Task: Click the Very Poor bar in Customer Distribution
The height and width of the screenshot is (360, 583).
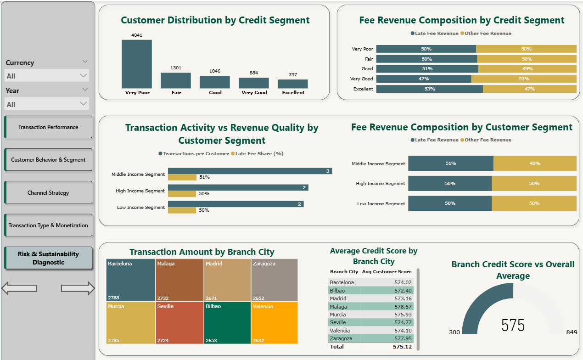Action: coord(136,64)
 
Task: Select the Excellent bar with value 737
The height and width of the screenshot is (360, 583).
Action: coord(292,84)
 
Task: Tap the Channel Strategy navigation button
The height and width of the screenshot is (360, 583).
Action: coord(48,192)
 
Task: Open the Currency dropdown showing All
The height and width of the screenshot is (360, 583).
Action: coord(46,76)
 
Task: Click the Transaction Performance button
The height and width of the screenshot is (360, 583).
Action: coord(48,127)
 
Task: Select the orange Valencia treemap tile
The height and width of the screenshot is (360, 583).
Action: coord(274,322)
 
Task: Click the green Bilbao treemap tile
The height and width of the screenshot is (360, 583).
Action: coord(227,322)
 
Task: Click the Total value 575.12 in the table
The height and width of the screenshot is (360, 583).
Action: coord(402,347)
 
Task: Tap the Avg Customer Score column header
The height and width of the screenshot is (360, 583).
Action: coord(387,272)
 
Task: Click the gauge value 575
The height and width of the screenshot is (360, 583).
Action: coord(513,325)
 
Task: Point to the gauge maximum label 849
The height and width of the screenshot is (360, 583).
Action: coord(572,332)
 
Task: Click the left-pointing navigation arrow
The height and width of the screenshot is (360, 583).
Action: coord(19,288)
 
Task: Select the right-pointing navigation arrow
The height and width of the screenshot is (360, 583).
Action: coord(78,288)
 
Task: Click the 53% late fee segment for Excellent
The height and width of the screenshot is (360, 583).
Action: coord(429,89)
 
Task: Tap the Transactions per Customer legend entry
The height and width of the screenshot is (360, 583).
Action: coord(194,153)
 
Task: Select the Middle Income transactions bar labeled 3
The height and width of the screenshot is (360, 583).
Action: coord(250,171)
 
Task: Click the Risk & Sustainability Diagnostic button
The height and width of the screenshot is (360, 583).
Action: coord(48,258)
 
